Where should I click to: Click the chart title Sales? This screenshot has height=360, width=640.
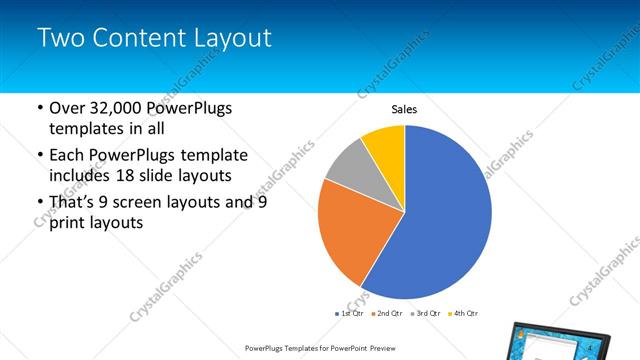pyautogui.click(x=404, y=110)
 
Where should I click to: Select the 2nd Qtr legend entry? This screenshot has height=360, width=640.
pyautogui.click(x=387, y=314)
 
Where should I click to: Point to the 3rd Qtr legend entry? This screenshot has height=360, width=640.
pyautogui.click(x=425, y=314)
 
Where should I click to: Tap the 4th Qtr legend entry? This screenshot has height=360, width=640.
pyautogui.click(x=462, y=314)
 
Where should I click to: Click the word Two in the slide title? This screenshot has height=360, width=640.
pyautogui.click(x=62, y=39)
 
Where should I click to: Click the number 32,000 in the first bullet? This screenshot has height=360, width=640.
pyautogui.click(x=116, y=108)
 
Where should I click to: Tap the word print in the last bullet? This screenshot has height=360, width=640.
pyautogui.click(x=70, y=224)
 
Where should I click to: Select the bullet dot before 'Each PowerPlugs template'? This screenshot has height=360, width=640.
pyautogui.click(x=39, y=156)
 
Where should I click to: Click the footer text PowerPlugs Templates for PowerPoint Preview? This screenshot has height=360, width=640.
pyautogui.click(x=319, y=348)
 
